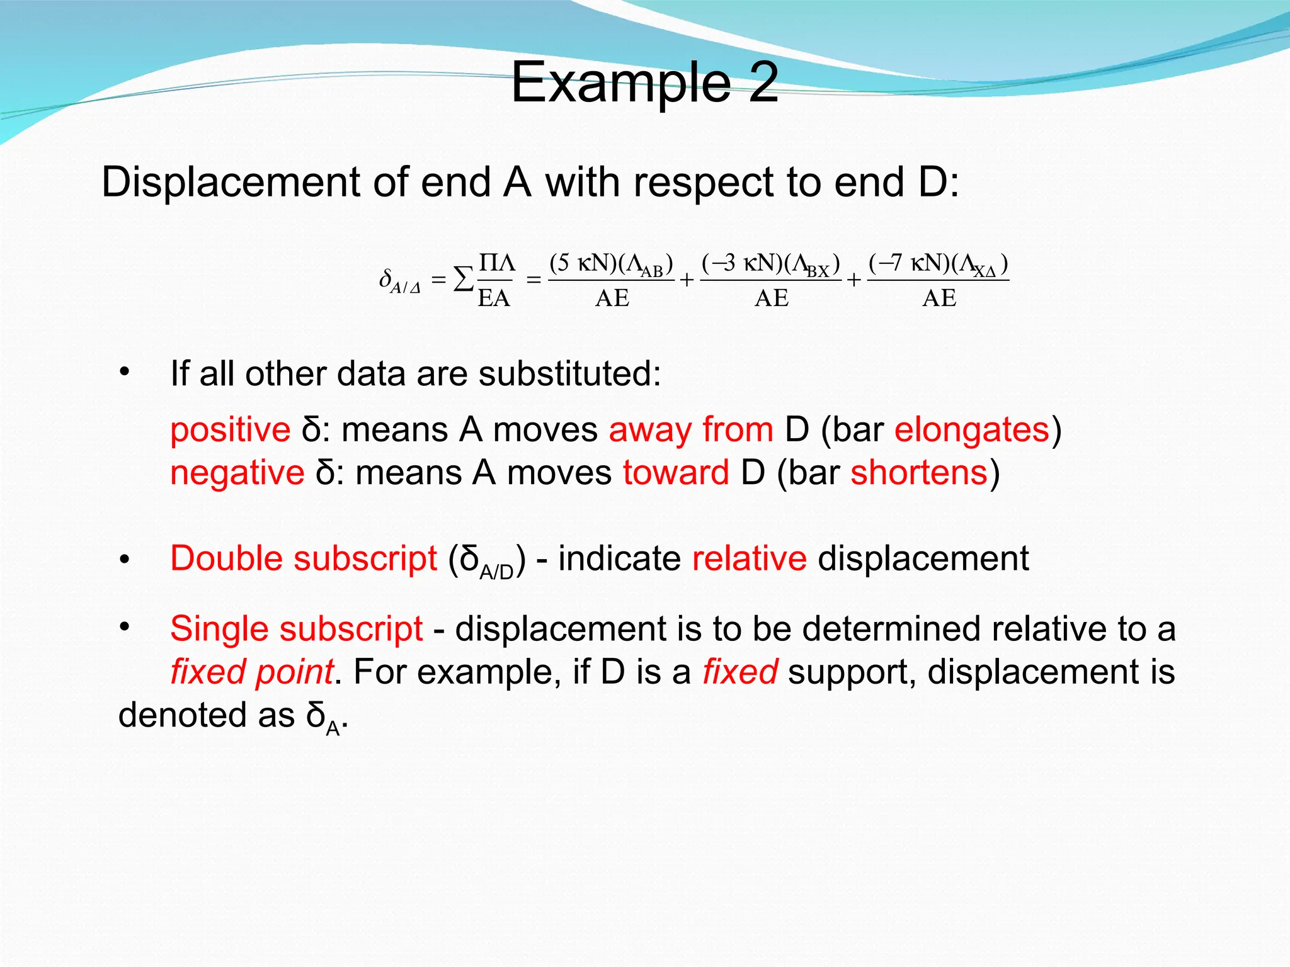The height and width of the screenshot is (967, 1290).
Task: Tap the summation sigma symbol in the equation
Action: point(464,279)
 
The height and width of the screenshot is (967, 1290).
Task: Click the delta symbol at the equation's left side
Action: point(385,278)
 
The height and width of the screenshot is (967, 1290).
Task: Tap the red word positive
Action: point(231,430)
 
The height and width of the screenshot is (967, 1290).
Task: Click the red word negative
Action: point(237,473)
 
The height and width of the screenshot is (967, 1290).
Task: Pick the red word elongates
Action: point(972,430)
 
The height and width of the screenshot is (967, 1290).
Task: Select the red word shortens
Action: point(919,473)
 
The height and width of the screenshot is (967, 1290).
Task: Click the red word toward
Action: point(676,473)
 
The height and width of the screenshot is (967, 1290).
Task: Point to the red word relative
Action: point(749,558)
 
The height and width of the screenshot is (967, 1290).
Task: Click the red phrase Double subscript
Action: point(304,558)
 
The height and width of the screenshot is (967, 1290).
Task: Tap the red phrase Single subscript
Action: point(297,629)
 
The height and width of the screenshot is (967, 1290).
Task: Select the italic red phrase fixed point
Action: point(251,672)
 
